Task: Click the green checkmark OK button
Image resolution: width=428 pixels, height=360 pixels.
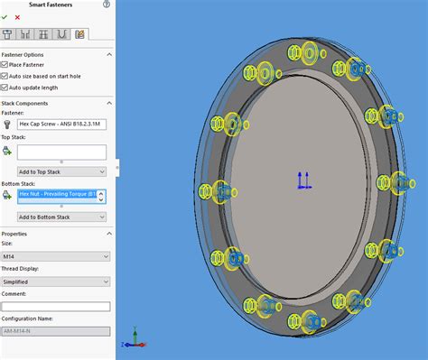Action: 5,17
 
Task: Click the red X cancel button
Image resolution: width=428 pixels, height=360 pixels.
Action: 16,17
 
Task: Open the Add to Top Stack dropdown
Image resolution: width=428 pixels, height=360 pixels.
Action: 61,171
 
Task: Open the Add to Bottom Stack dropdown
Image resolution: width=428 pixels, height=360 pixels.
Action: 61,217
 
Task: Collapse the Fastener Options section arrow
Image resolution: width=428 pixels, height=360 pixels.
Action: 109,54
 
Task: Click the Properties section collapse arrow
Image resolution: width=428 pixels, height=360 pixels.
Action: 109,233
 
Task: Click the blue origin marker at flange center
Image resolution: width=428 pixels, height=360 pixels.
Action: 303,181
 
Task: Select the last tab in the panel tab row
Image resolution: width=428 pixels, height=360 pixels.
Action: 79,34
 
